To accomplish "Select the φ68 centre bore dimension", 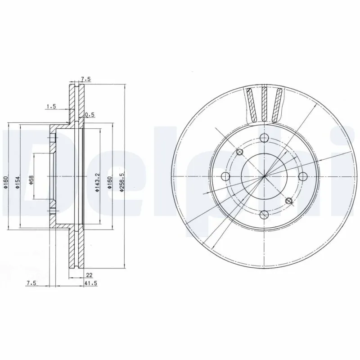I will pos(31,179).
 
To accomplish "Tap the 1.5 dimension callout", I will pos(51,106).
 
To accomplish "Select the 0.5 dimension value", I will pos(90,115).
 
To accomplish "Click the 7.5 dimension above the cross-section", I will pos(85,79).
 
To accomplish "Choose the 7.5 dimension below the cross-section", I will pos(31,283).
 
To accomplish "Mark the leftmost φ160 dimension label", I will pos(6,181).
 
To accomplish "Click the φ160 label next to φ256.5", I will pos(110,183).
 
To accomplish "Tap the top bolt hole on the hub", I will pos(264,138).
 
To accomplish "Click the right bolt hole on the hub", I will pos(302,176).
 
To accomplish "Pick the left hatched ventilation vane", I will pos(252,105).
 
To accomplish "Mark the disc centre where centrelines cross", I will pos(264,176).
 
